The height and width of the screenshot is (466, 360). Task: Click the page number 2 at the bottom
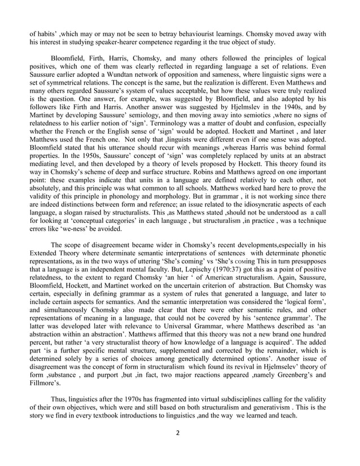[180, 449]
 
